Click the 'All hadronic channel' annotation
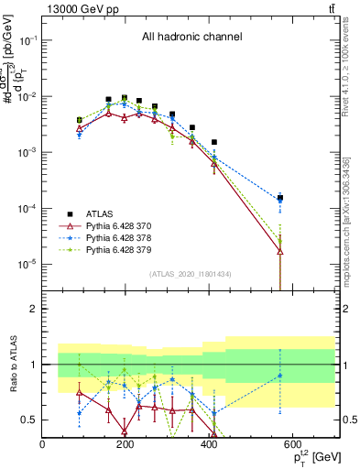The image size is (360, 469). (191, 38)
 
